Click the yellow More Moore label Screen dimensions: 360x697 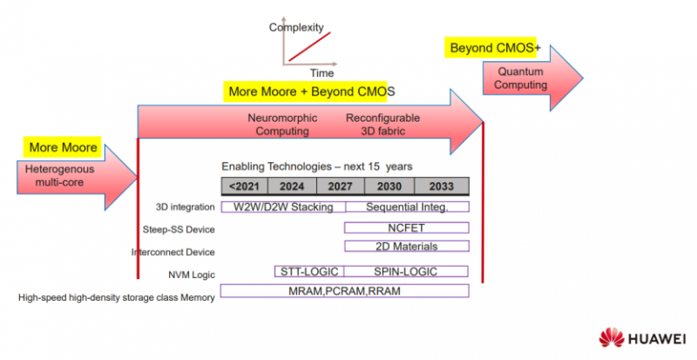pyautogui.click(x=63, y=147)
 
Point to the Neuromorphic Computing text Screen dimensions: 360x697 pyautogui.click(x=282, y=125)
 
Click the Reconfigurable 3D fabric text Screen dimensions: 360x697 pyautogui.click(x=382, y=125)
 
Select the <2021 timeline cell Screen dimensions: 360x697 pyautogui.click(x=244, y=186)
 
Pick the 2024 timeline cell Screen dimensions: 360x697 pyautogui.click(x=292, y=186)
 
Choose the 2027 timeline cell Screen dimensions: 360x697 pyautogui.click(x=340, y=186)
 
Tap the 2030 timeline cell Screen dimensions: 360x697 pyautogui.click(x=389, y=186)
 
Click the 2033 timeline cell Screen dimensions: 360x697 pyautogui.click(x=441, y=186)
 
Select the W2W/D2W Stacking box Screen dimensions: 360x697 pyautogui.click(x=283, y=207)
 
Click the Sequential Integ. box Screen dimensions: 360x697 pyautogui.click(x=407, y=207)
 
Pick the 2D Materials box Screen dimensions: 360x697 pyautogui.click(x=407, y=247)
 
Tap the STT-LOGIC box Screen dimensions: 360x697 pyautogui.click(x=309, y=271)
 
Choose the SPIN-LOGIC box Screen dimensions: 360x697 pyautogui.click(x=407, y=271)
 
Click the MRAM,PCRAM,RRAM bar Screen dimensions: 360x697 pyautogui.click(x=345, y=290)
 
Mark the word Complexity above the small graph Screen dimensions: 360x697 pyautogui.click(x=297, y=27)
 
